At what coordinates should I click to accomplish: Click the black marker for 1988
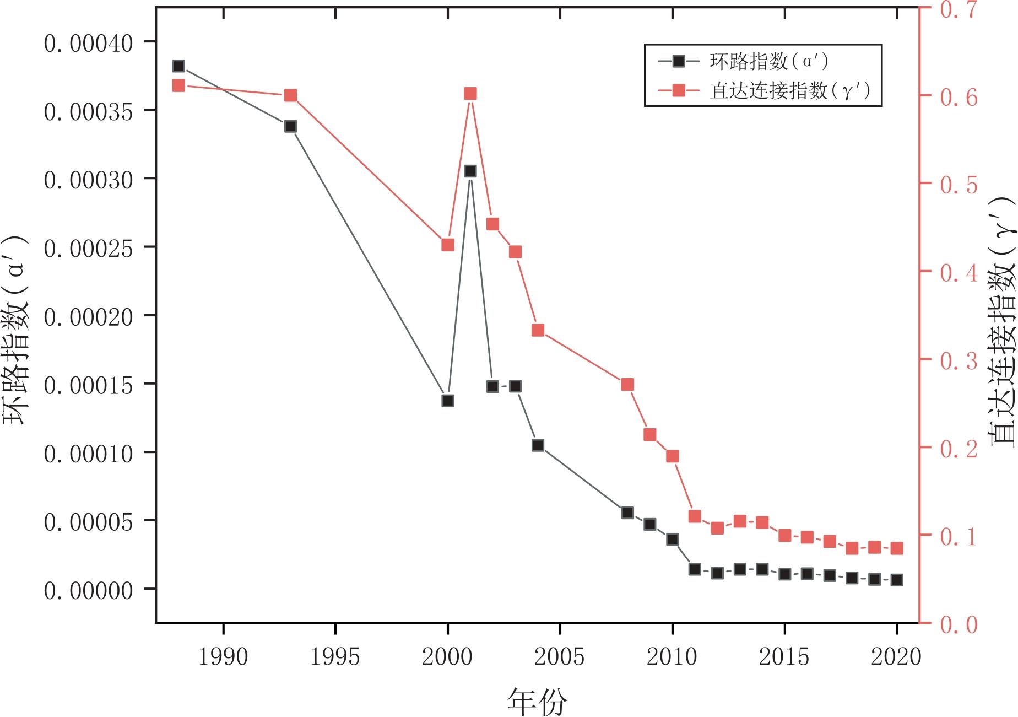(178, 66)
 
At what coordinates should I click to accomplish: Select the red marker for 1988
(178, 85)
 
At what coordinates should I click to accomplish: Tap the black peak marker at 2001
(470, 171)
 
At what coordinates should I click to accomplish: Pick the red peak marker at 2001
(470, 94)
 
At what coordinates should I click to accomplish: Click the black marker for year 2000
(448, 401)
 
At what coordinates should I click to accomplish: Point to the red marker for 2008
(627, 384)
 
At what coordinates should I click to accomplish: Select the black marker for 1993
(291, 126)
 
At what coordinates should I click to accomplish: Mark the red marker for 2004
(538, 330)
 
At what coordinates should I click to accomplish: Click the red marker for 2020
(897, 548)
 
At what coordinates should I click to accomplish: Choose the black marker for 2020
(897, 580)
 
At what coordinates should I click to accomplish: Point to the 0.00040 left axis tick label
(88, 44)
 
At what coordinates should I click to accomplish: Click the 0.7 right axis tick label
(959, 9)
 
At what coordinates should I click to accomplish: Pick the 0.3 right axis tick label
(959, 360)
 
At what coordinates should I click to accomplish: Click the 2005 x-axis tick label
(560, 657)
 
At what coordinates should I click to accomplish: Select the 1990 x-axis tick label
(223, 657)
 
